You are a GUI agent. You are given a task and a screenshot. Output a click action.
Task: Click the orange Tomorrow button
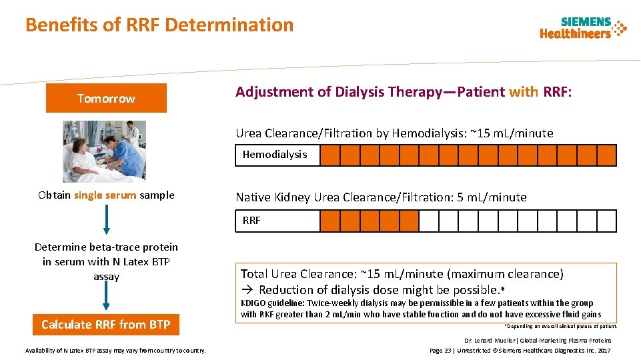(106, 99)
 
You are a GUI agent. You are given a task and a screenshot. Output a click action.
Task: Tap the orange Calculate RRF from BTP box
(106, 325)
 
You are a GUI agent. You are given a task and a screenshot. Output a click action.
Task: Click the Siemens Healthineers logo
(583, 28)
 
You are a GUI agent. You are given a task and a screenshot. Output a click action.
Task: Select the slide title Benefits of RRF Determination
(159, 25)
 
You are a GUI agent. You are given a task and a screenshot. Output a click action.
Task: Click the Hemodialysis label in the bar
(275, 155)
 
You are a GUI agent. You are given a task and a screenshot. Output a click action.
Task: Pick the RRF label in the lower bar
(251, 221)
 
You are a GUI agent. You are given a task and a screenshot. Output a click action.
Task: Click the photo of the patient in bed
(104, 151)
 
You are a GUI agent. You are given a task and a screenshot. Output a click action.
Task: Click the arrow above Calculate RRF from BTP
(106, 298)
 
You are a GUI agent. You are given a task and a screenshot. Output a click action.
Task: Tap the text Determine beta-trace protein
(106, 247)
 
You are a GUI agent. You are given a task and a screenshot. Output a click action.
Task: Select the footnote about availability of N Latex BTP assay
(115, 351)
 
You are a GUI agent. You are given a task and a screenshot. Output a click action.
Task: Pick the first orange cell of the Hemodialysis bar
(330, 155)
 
